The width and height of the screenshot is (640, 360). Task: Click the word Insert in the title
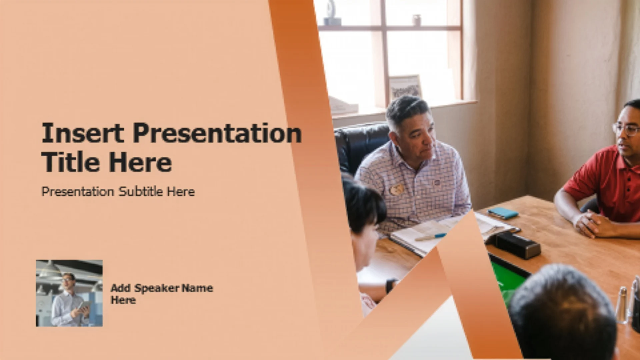click(83, 133)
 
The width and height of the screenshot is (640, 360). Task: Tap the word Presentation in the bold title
click(217, 133)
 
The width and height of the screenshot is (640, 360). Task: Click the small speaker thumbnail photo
click(69, 293)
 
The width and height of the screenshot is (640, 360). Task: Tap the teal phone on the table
click(503, 213)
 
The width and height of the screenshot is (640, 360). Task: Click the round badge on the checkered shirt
click(396, 190)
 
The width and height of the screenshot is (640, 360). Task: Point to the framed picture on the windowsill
click(405, 87)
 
